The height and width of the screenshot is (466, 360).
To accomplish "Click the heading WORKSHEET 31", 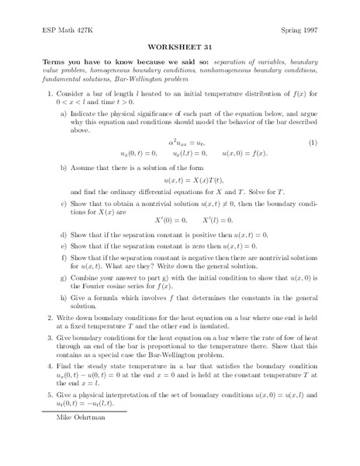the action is click(x=180, y=47).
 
